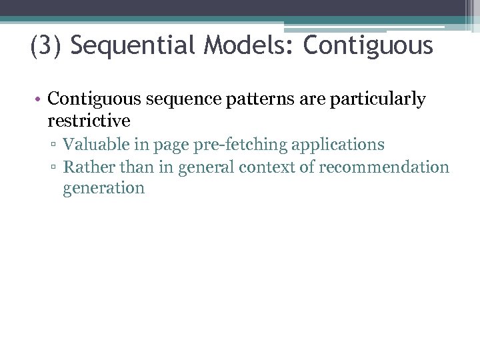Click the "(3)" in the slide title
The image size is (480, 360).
[46, 46]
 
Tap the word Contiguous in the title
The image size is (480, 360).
[368, 46]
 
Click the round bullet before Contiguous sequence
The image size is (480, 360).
[39, 100]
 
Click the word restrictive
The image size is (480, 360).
[89, 121]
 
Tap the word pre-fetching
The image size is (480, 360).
[231, 144]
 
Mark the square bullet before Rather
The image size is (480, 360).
[55, 167]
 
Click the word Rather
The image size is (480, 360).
[85, 166]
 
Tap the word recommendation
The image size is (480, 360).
[384, 166]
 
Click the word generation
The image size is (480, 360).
[103, 188]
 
